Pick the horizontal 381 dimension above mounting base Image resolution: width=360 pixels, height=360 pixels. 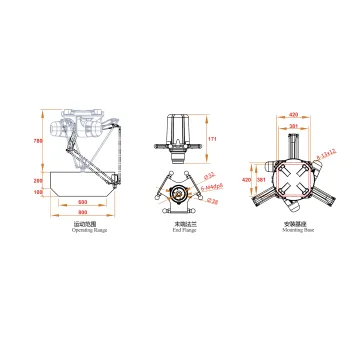click(293, 125)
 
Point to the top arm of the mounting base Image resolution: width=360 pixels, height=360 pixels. click(293, 145)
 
